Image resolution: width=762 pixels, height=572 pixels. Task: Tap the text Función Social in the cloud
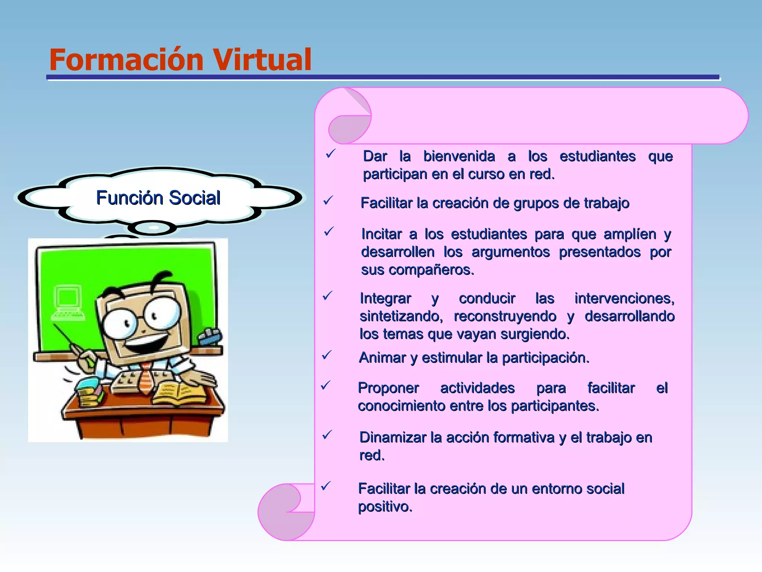click(158, 197)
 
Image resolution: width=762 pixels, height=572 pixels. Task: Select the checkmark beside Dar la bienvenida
click(330, 153)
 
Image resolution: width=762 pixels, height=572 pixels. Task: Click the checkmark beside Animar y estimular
click(327, 355)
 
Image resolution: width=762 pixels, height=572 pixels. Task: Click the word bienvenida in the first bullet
click(459, 156)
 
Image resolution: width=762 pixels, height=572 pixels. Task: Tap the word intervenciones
click(624, 298)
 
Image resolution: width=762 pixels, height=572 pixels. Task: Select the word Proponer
click(388, 388)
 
